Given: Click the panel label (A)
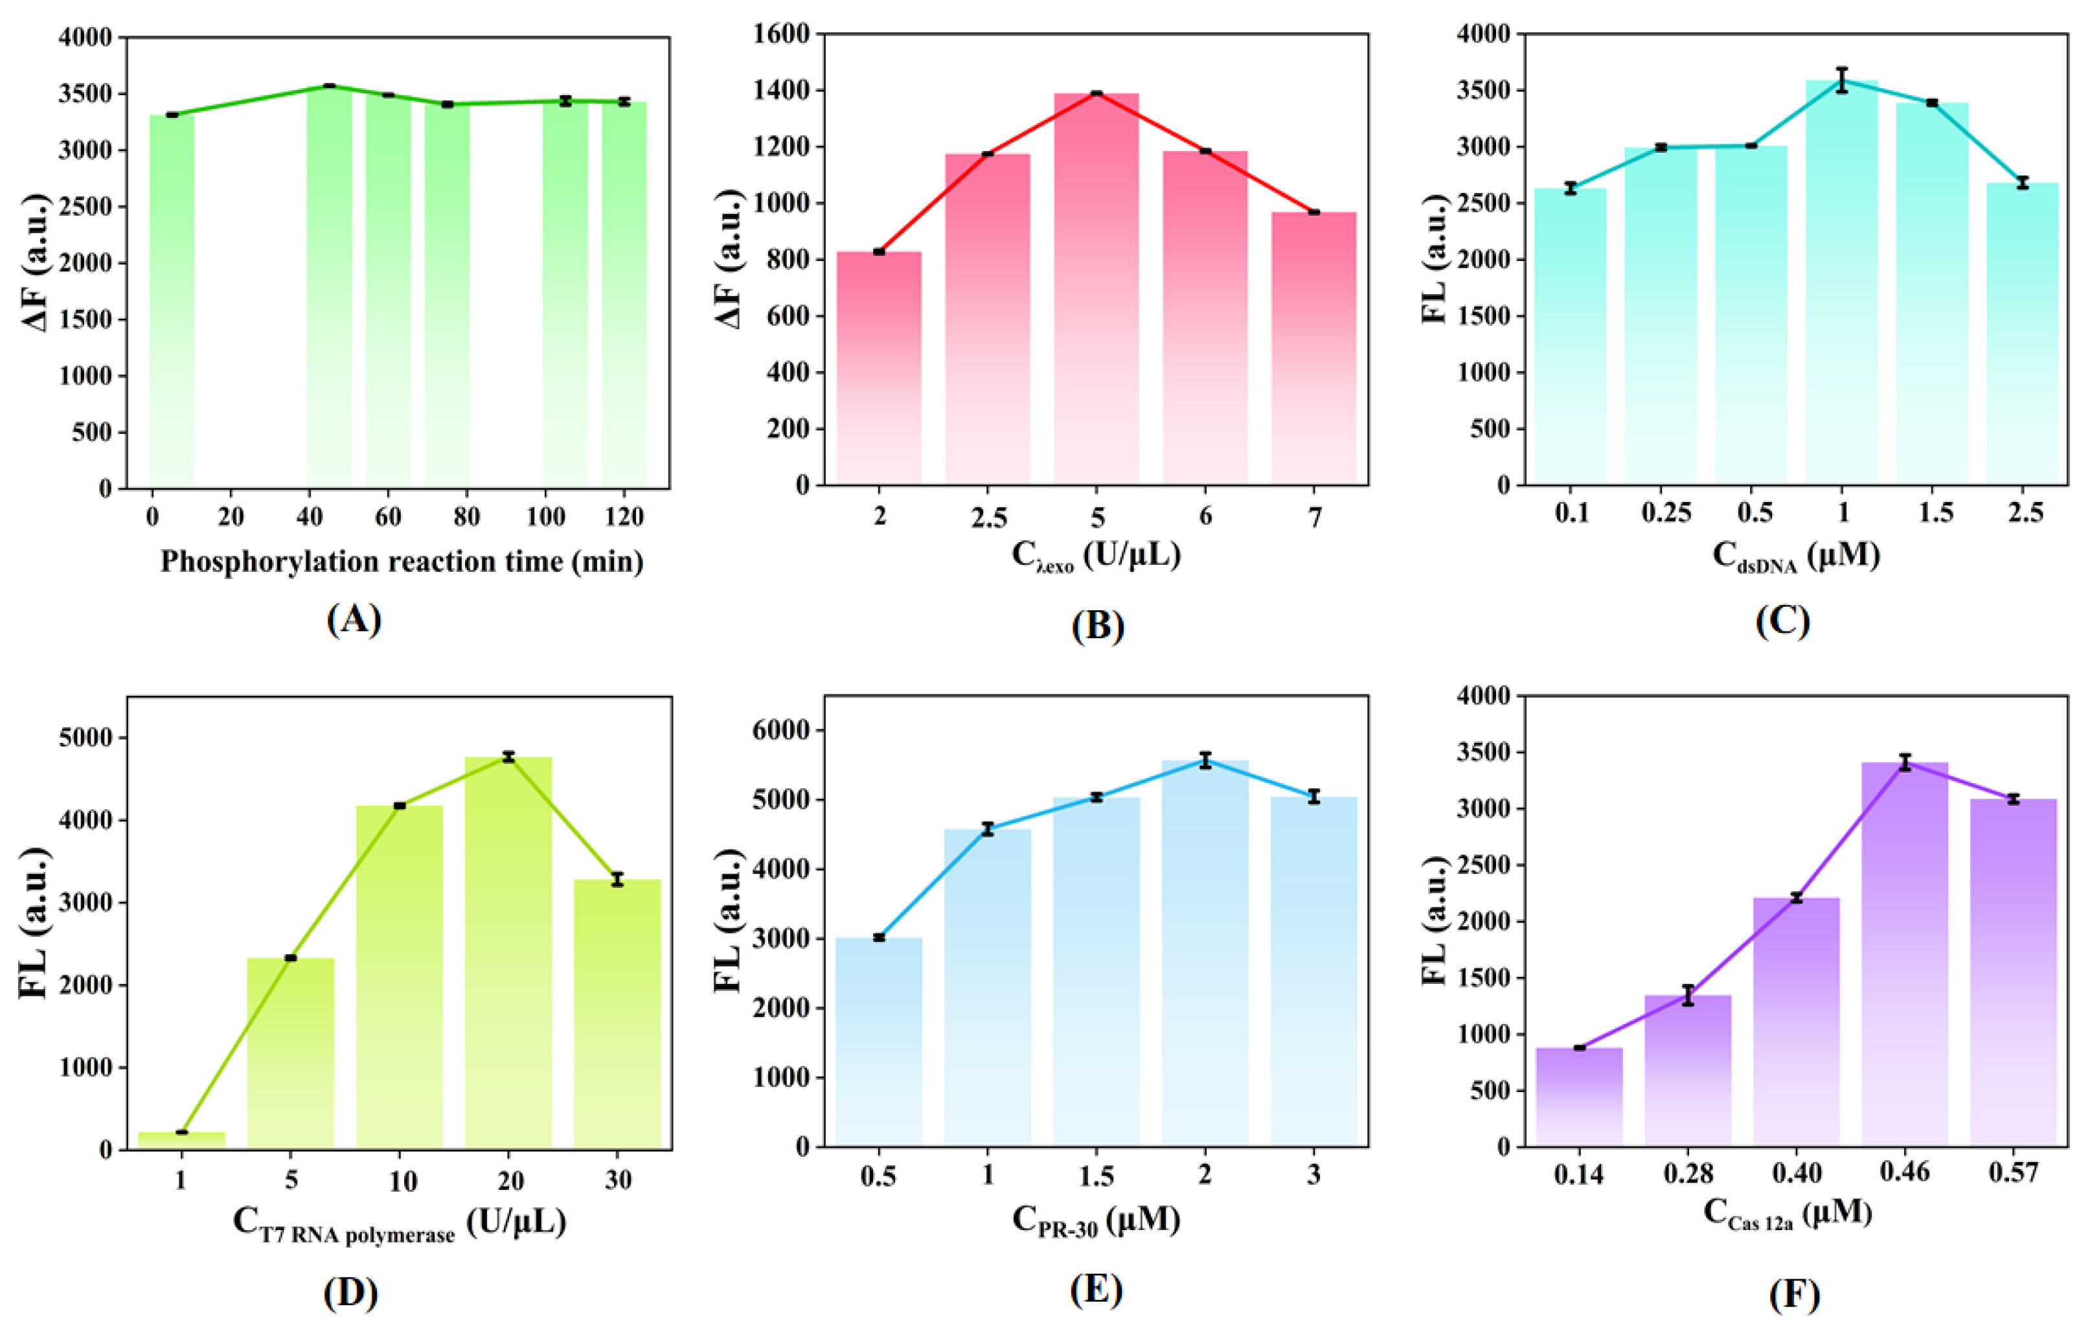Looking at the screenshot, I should (x=354, y=620).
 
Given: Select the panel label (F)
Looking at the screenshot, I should (x=1794, y=1294).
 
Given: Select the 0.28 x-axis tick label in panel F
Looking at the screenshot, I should (x=1688, y=1174).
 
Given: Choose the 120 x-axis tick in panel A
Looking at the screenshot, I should (x=624, y=517).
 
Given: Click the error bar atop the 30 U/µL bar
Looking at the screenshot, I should (x=617, y=879).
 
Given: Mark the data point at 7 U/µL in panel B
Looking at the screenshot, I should (x=1313, y=212).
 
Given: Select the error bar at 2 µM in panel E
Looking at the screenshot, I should (x=1205, y=760).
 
